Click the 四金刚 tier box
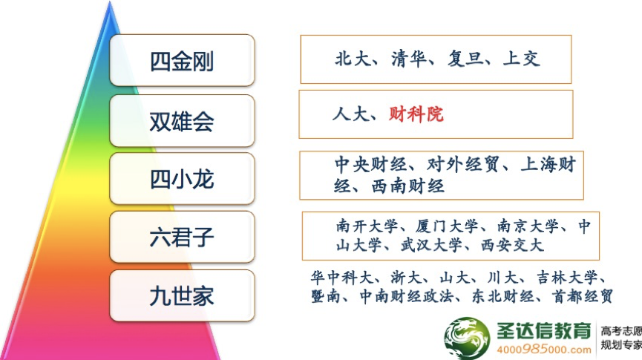tap(182, 60)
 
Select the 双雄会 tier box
tap(182, 120)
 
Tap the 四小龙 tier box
tap(182, 179)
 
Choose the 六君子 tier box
tap(182, 237)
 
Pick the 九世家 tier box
tap(182, 295)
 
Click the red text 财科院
tap(416, 114)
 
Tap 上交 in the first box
tap(522, 59)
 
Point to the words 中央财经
tap(371, 165)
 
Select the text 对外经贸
tap(463, 165)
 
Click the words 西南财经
tap(407, 186)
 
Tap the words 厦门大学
tap(447, 226)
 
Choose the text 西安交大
tap(512, 246)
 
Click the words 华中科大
tap(342, 278)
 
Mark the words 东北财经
tap(503, 295)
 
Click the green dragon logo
tap(467, 338)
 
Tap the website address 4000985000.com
tap(544, 350)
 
